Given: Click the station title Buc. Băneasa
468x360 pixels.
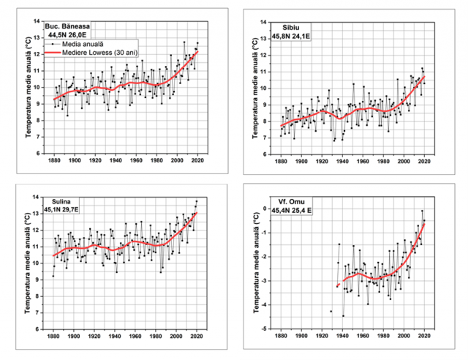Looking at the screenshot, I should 75,26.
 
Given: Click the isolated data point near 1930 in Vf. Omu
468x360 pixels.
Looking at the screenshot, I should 331,311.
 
